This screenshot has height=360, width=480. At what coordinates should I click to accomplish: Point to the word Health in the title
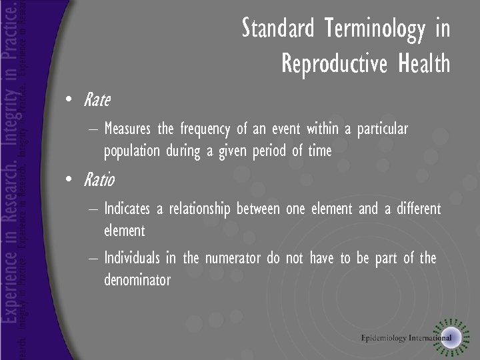point(424,64)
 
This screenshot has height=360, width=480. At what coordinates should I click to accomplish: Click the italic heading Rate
point(97,101)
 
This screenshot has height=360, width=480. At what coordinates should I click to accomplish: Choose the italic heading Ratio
point(99,180)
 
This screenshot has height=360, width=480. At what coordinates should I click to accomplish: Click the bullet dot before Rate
point(69,101)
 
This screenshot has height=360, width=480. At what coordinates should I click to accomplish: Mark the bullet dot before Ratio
point(69,180)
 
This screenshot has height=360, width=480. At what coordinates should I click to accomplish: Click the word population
point(132,151)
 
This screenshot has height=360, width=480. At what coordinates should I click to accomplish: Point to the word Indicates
point(127,209)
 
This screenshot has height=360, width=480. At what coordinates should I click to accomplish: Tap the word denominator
point(137,280)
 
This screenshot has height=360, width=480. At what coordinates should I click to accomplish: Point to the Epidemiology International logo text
point(406,338)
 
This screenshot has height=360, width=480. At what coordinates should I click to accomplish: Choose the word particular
point(382,128)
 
